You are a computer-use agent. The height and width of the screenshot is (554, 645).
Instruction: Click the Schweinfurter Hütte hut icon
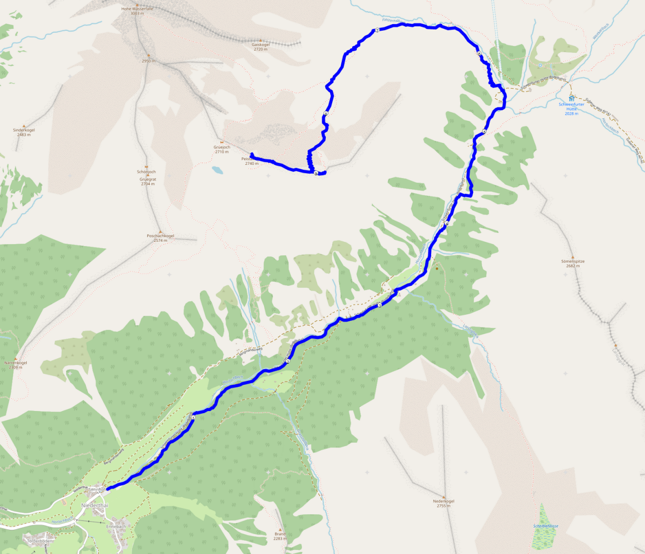tap(571, 99)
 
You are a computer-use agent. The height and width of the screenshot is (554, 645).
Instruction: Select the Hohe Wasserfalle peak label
tap(137, 9)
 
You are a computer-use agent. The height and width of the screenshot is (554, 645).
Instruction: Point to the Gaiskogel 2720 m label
tap(260, 47)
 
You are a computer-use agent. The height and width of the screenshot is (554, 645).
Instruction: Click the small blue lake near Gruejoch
tap(217, 170)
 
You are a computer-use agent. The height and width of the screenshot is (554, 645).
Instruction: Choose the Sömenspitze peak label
tap(572, 263)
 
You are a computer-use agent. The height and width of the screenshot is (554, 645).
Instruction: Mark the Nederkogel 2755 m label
tap(443, 503)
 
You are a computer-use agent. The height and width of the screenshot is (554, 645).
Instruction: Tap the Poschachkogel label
tap(160, 238)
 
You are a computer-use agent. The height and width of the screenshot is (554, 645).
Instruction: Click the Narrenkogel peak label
tap(16, 365)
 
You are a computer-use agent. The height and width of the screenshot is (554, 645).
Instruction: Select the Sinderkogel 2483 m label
tap(24, 132)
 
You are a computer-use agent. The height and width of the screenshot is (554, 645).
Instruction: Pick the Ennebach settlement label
tap(116, 527)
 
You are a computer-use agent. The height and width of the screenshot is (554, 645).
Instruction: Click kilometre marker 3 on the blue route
tap(379, 305)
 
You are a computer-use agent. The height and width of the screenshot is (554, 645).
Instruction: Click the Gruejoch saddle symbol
tap(222, 142)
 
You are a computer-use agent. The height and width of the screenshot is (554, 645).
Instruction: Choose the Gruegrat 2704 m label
tap(148, 182)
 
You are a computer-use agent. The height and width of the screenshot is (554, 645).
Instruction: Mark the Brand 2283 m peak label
tap(279, 536)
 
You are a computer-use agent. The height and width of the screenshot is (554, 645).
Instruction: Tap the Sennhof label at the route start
tap(97, 490)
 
